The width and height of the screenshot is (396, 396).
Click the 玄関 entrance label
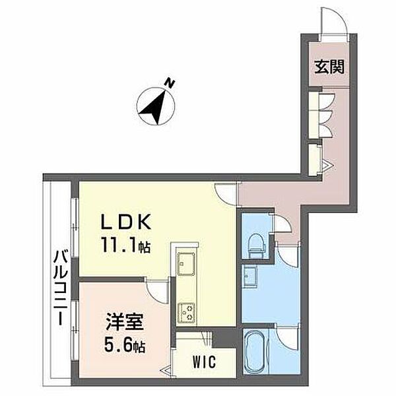pos(329,67)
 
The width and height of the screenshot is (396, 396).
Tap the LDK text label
pos(126,222)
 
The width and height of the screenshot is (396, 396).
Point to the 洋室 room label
pos(125,321)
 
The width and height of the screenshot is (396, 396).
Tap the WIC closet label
pos(205,362)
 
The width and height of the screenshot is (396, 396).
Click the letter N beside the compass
pos(170,83)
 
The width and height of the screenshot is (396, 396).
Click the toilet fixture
pos(257,245)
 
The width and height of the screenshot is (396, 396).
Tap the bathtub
pos(255,352)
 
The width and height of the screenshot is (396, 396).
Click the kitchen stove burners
pos(186,313)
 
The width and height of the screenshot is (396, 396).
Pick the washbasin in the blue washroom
pos(249,276)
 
